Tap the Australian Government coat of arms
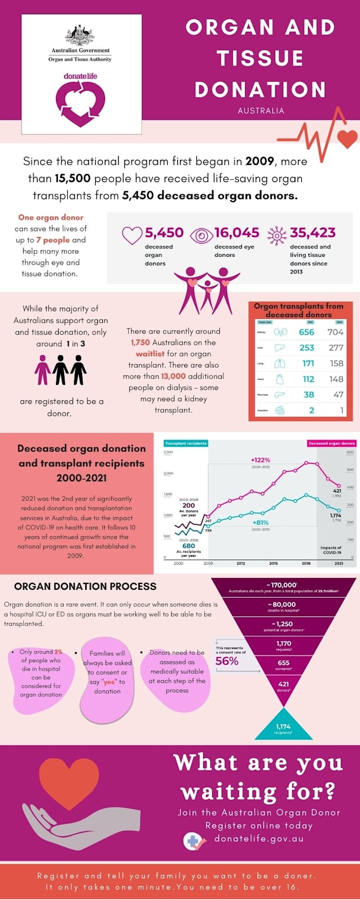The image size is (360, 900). [80, 35]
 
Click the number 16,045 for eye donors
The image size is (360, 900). [237, 233]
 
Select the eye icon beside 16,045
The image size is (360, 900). [201, 235]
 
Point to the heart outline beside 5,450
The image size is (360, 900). [132, 235]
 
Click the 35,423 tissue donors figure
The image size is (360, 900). [312, 233]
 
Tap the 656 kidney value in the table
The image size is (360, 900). [307, 332]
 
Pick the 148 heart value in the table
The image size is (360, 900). [336, 379]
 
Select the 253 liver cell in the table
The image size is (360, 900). [307, 348]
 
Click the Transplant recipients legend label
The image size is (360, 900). [186, 443]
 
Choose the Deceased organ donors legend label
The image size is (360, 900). [331, 443]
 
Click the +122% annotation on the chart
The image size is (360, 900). [260, 460]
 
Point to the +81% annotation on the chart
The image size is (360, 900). [260, 523]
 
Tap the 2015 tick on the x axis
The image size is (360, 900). [273, 563]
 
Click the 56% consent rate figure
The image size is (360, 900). [227, 661]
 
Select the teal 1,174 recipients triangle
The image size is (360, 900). [283, 726]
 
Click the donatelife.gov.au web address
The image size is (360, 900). [259, 839]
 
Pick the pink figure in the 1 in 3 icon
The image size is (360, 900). [42, 370]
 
